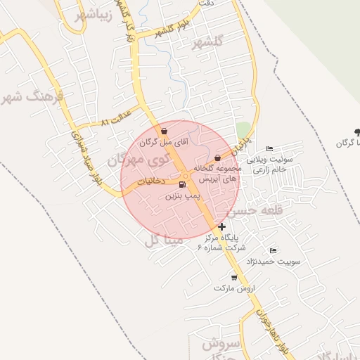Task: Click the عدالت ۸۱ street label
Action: pyautogui.click(x=116, y=116)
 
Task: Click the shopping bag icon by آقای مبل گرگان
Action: pyautogui.click(x=164, y=130)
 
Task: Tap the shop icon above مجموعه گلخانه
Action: pyautogui.click(x=217, y=157)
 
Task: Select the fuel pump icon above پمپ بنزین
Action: pyautogui.click(x=183, y=185)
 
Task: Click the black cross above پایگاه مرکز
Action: pyautogui.click(x=222, y=226)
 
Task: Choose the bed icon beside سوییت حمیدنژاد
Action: pyautogui.click(x=273, y=250)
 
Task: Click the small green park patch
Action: pyautogui.click(x=243, y=130)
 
